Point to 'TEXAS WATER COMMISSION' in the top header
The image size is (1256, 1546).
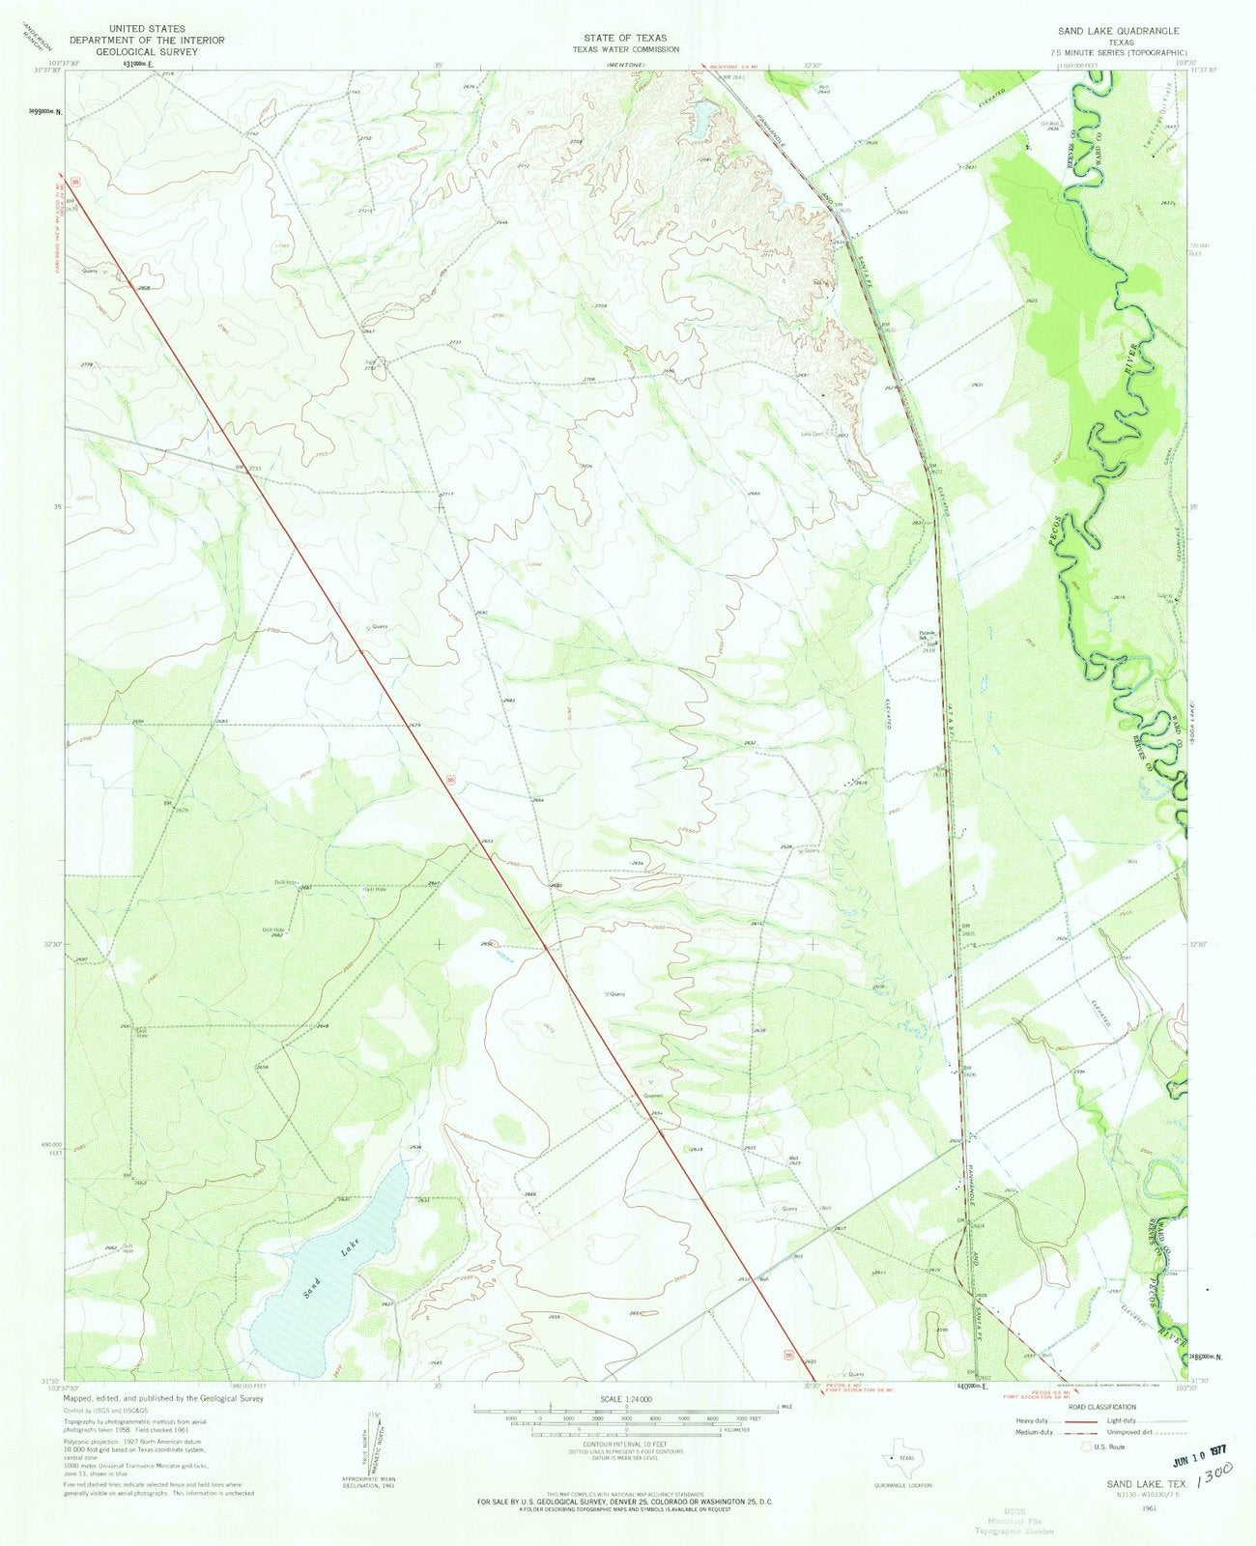pyautogui.click(x=625, y=49)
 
